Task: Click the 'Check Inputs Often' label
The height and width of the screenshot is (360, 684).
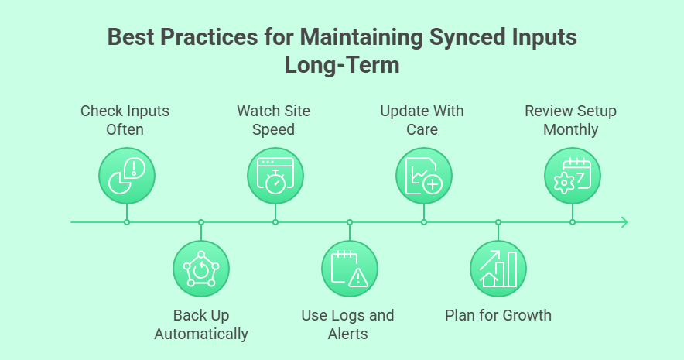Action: [x=125, y=119]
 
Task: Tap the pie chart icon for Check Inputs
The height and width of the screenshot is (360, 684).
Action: [x=127, y=175]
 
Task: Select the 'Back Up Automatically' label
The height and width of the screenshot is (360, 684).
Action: [x=201, y=325]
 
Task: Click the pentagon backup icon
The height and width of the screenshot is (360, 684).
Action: [x=201, y=269]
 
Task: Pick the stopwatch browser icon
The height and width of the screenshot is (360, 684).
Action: [x=275, y=175]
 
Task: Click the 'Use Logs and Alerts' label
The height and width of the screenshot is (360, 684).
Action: [x=347, y=325]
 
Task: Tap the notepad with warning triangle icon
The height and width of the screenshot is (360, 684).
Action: [x=350, y=269]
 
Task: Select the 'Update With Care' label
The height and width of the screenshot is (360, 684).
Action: [x=422, y=119]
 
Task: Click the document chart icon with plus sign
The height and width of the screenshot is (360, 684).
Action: [x=424, y=175]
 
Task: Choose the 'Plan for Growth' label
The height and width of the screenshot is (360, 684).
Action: [x=498, y=315]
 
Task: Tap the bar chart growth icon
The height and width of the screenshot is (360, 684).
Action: [x=498, y=269]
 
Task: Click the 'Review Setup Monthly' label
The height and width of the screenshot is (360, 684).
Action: [x=570, y=119]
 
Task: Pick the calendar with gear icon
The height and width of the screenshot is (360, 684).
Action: [x=573, y=175]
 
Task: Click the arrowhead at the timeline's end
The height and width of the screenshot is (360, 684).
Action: [x=624, y=222]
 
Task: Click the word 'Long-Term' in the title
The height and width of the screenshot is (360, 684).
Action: [x=342, y=65]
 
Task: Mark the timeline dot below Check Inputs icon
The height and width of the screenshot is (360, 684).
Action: [x=127, y=222]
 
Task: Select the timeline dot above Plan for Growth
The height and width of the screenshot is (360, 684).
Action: [x=498, y=222]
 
